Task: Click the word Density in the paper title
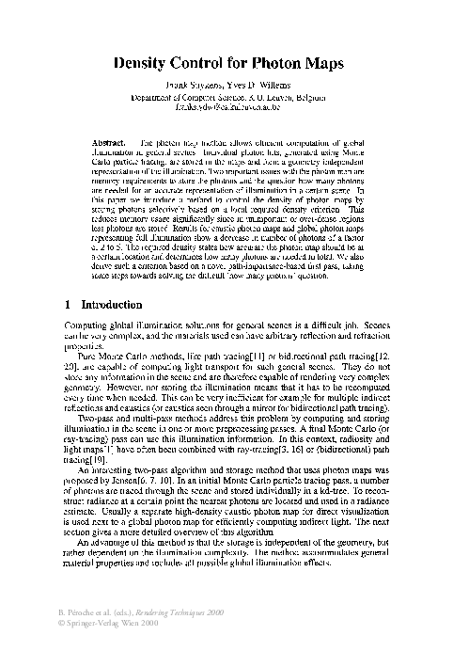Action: coord(145,66)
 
